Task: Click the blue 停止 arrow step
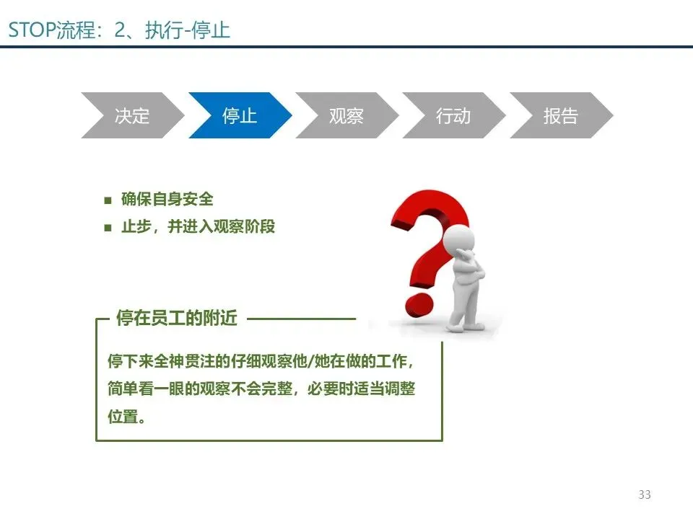[x=240, y=115]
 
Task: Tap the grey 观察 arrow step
[x=347, y=115]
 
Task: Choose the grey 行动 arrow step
[x=454, y=115]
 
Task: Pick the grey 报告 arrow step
[x=562, y=115]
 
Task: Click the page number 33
[x=645, y=494]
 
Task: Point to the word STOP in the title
[x=32, y=30]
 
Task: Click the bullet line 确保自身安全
[x=167, y=199]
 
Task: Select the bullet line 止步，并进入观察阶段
[x=198, y=226]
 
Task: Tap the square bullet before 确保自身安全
[x=108, y=200]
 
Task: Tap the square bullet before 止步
[x=108, y=228]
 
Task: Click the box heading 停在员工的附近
[x=177, y=318]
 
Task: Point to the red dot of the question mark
[x=419, y=303]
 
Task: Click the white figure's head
[x=459, y=239]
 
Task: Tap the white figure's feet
[x=464, y=327]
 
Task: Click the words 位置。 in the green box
[x=126, y=416]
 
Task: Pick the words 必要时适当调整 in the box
[x=361, y=389]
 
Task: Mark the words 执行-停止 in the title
[x=188, y=30]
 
